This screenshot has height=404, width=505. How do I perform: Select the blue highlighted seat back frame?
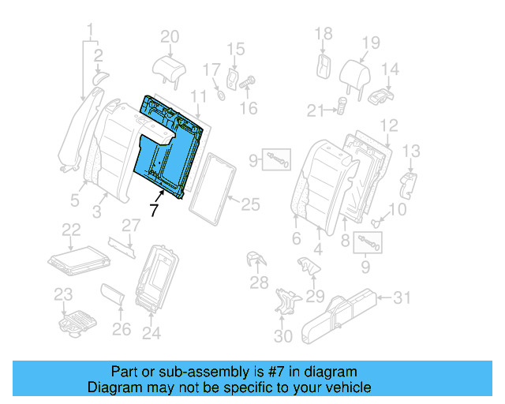pos(170,150)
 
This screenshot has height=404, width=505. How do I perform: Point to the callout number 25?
pos(249,204)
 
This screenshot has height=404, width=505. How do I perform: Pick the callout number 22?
pos(71,229)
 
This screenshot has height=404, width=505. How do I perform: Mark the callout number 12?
pos(388,125)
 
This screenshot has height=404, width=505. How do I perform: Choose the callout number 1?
pos(91,32)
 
